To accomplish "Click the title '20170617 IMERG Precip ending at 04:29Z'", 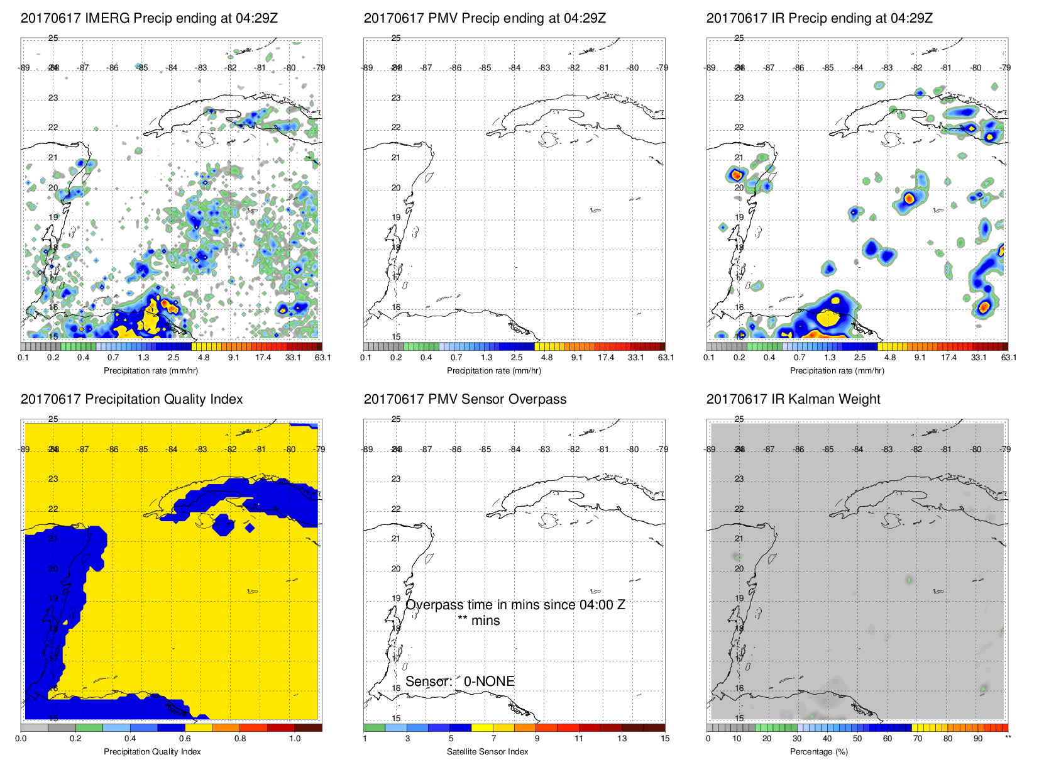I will tap(149, 18).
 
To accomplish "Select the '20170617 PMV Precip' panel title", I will tap(485, 18).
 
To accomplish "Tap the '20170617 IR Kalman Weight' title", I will tap(793, 399).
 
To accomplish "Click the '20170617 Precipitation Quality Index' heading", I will tap(131, 399).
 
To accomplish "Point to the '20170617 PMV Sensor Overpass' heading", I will tap(465, 399).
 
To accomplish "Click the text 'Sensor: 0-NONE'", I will tap(460, 682).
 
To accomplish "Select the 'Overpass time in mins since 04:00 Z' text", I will tap(515, 605).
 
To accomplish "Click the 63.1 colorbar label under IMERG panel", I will tap(323, 358).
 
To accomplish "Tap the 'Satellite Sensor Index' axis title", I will tap(488, 752).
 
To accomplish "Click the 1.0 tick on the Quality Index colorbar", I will tap(295, 739).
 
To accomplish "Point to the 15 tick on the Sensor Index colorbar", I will tap(665, 739).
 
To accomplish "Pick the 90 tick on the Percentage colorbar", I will tap(978, 739).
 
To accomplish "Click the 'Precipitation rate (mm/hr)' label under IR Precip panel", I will tap(837, 371).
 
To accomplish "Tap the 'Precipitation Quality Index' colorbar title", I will tap(152, 752).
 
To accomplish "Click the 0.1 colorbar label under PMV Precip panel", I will tap(366, 358).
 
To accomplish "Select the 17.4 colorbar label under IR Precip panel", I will tap(948, 358).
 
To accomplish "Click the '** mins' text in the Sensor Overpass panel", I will tap(479, 621).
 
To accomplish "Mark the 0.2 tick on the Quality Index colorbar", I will tap(75, 739).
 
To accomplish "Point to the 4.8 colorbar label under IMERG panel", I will tap(204, 358).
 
